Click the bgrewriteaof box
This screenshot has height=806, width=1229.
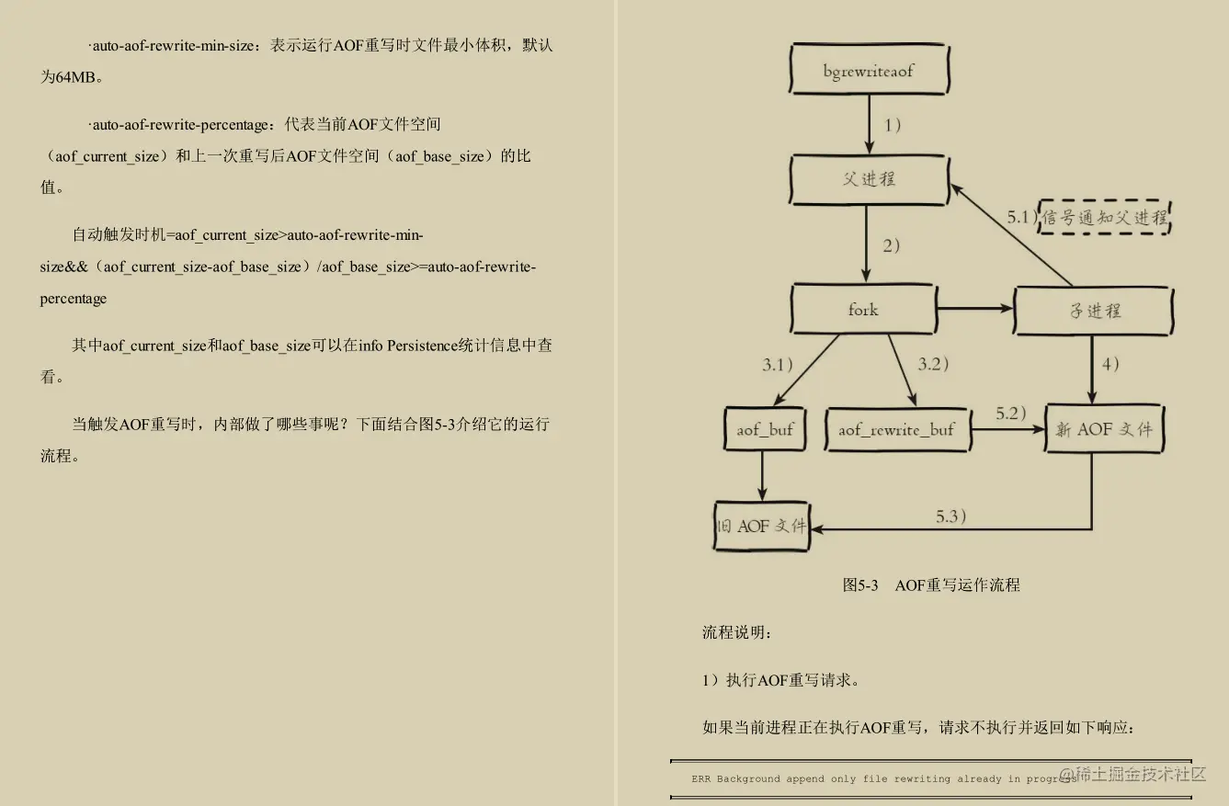869,71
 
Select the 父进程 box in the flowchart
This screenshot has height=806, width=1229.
869,179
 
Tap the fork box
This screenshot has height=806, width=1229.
863,310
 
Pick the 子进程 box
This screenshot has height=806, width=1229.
1094,311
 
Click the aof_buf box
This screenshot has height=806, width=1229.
764,429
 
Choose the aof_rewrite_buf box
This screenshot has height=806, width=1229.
896,429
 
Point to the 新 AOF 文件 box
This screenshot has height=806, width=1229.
1104,428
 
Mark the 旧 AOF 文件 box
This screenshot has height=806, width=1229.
761,526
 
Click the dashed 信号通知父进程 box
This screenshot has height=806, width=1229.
1104,218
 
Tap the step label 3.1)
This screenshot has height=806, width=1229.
778,365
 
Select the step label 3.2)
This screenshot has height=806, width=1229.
933,364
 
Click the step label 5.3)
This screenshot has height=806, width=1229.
951,517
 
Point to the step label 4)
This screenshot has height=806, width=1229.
1110,364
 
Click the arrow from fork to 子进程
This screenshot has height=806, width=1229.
974,309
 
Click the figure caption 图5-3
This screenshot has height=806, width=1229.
860,585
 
